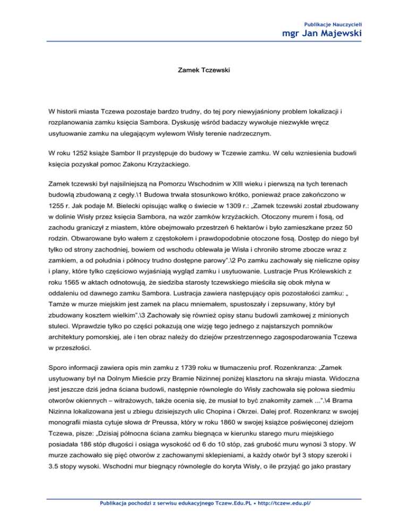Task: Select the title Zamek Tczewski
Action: [x=203, y=69]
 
